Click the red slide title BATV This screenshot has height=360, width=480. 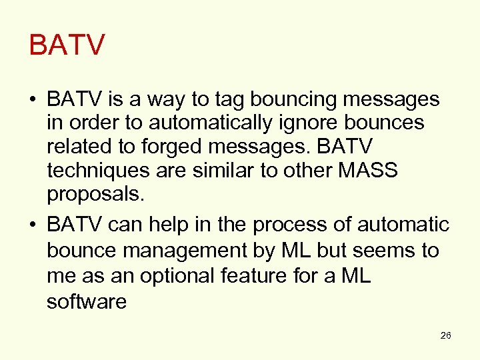coord(67,45)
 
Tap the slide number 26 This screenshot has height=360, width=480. coord(446,335)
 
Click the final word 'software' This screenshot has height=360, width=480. coord(87,301)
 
